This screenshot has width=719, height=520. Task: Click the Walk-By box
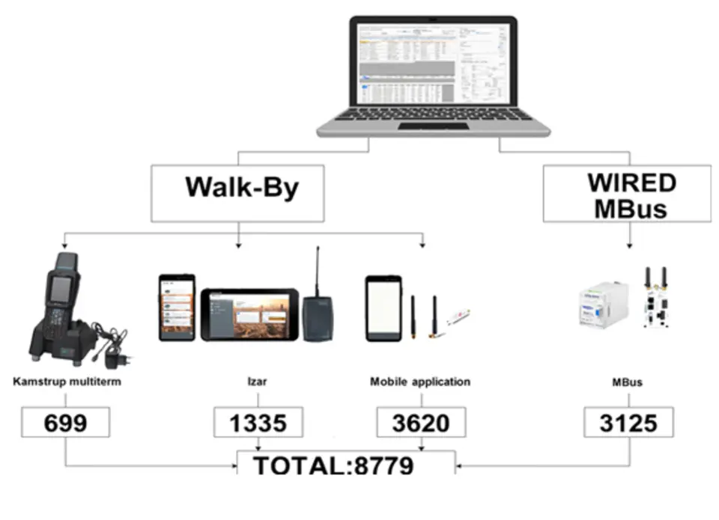237,193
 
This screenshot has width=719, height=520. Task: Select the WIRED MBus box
627,194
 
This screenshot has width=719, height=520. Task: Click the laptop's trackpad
433,126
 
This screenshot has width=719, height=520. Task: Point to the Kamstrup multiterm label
67,382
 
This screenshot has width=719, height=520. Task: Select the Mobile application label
420,382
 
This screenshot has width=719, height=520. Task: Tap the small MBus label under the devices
627,382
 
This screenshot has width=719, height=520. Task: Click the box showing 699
65,423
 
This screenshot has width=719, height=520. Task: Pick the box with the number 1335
258,423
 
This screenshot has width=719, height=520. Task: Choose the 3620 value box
421,423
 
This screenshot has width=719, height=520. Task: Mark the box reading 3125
628,423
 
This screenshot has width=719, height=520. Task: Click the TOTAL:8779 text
333,465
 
